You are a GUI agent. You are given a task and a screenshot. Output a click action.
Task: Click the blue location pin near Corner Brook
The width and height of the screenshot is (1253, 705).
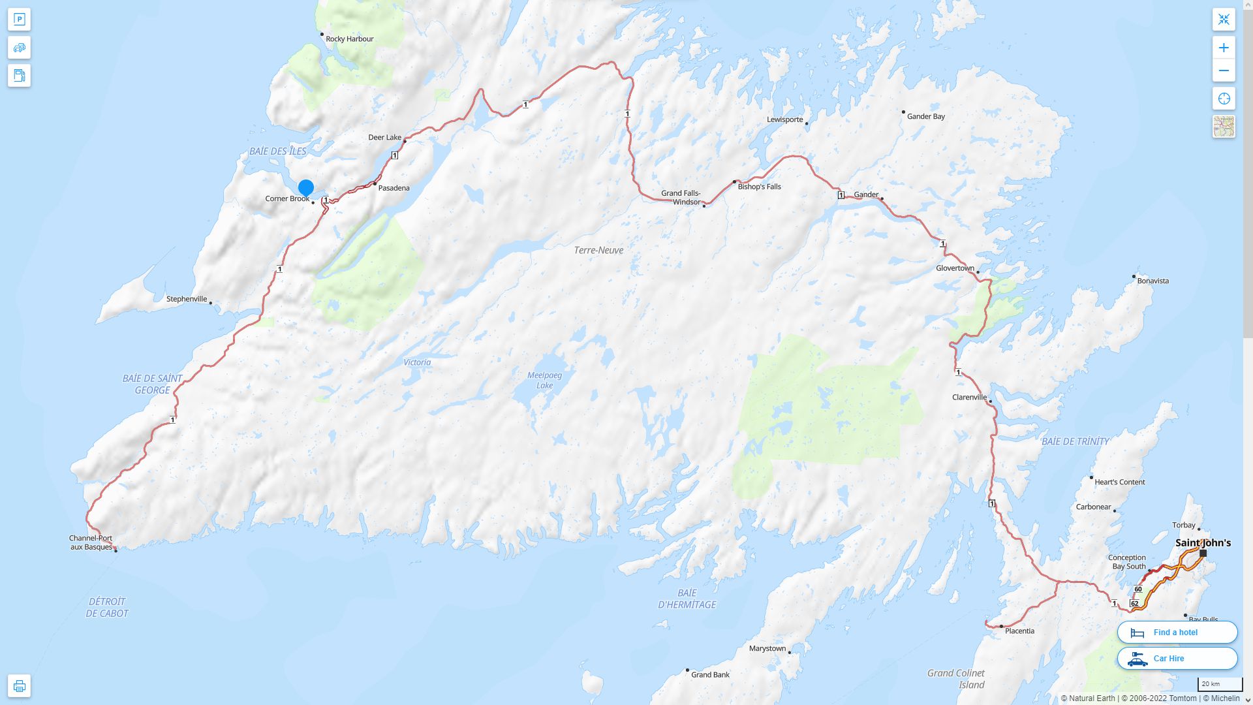(x=305, y=188)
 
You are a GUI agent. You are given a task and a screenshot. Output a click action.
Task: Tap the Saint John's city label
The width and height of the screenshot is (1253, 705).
(x=1203, y=542)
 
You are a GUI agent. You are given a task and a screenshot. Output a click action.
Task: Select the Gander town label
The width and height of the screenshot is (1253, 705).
(x=866, y=195)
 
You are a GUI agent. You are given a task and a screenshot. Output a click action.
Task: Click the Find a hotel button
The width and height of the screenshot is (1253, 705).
(x=1177, y=632)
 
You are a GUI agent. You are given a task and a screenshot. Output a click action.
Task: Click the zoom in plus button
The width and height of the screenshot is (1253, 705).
(x=1224, y=48)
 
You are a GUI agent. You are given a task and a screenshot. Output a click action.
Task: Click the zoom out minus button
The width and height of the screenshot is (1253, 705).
(x=1224, y=70)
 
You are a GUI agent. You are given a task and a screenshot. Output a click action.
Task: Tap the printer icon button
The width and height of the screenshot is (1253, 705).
(x=19, y=685)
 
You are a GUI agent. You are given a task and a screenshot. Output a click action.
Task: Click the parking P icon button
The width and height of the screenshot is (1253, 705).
(x=19, y=19)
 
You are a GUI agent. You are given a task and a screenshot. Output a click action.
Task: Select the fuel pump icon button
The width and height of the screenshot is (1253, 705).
(x=19, y=75)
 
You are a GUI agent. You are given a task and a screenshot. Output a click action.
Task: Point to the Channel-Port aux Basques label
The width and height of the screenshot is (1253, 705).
(x=91, y=542)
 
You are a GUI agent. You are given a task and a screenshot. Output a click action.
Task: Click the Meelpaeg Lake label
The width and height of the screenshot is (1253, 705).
(x=544, y=380)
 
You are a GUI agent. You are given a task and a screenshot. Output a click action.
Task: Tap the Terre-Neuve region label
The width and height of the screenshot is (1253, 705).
(x=598, y=250)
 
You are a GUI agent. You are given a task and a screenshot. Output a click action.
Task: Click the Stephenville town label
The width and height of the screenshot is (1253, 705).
(x=187, y=299)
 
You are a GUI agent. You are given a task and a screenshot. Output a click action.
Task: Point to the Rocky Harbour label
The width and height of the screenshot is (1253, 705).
(x=349, y=39)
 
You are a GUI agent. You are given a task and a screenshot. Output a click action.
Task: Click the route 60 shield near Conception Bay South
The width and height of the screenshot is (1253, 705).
(x=1138, y=589)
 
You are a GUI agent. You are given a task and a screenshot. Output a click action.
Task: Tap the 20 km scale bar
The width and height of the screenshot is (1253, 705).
(x=1219, y=684)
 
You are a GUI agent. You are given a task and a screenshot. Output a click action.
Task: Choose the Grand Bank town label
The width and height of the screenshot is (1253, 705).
(x=710, y=674)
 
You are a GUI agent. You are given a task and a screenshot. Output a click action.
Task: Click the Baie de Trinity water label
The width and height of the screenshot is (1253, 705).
(x=1075, y=441)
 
